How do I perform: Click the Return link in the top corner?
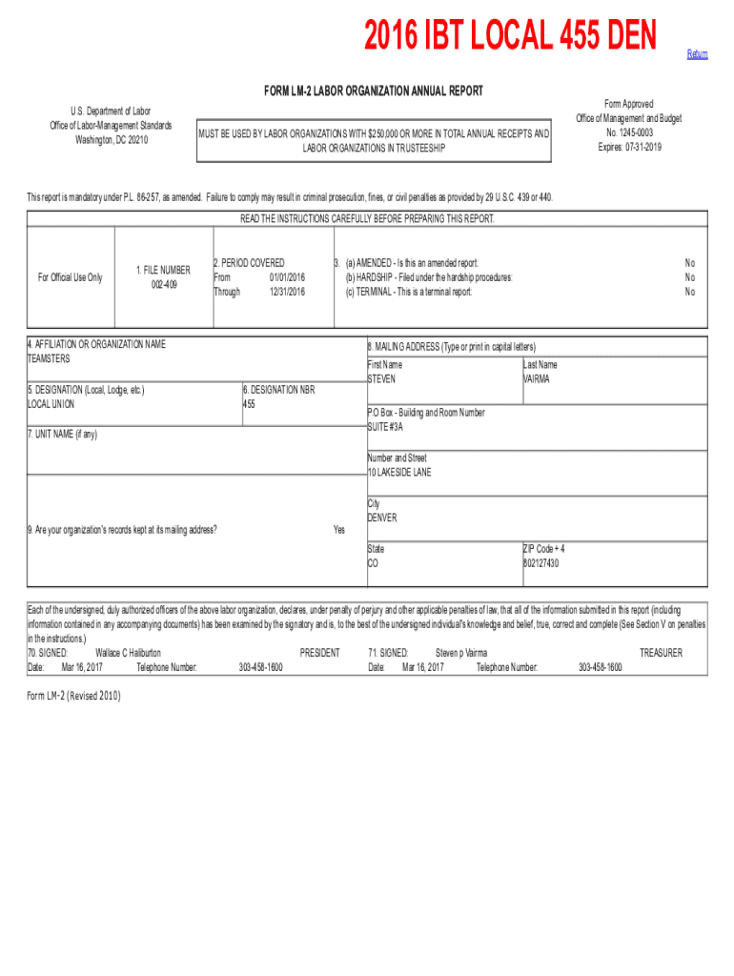(697, 54)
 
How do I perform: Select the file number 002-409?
(163, 284)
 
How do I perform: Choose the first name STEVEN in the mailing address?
(381, 378)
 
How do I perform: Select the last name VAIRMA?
(536, 378)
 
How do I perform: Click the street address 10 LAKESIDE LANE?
(399, 472)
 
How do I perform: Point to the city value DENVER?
(382, 518)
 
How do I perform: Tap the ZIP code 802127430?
(540, 563)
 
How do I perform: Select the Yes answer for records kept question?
(338, 530)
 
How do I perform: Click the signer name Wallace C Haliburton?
(129, 653)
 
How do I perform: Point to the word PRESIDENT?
(319, 653)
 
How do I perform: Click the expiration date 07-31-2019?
(629, 147)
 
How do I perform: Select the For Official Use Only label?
(70, 277)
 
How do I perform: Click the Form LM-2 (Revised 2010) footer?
(74, 695)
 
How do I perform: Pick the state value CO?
(374, 563)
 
